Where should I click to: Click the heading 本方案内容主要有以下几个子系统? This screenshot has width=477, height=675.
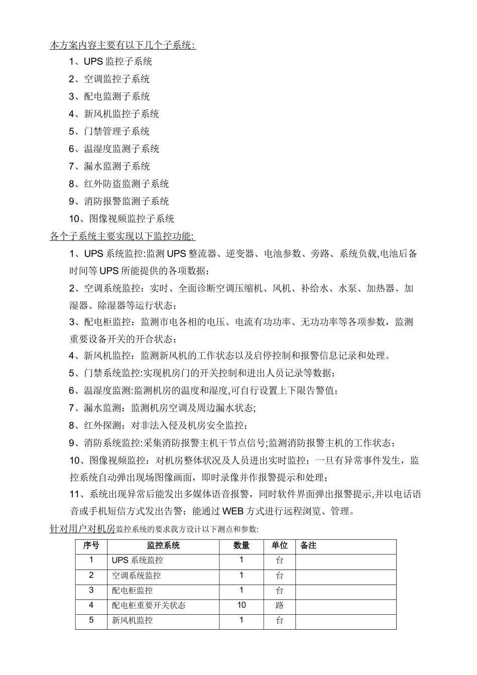click(123, 45)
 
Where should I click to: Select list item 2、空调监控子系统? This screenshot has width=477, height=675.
click(109, 79)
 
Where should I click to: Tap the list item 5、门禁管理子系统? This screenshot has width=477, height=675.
click(109, 132)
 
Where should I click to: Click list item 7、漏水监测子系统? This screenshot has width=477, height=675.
click(109, 166)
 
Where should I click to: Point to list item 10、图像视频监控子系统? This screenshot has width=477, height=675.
click(122, 218)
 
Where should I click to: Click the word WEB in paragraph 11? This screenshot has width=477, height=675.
click(232, 512)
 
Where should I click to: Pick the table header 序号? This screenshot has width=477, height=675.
click(91, 545)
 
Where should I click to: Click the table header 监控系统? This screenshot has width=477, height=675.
click(163, 545)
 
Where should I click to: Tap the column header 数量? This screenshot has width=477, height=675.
click(242, 545)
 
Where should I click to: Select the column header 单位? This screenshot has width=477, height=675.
click(280, 545)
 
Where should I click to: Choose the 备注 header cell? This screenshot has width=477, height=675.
click(308, 545)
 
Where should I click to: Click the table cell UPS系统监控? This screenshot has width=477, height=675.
click(137, 560)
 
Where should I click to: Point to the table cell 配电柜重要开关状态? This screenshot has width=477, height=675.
click(149, 605)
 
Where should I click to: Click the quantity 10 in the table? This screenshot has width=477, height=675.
click(242, 605)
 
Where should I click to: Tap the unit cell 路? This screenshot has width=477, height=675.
click(280, 605)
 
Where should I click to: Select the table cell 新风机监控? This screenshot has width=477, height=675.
click(132, 620)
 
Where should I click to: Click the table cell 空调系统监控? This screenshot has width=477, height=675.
click(136, 576)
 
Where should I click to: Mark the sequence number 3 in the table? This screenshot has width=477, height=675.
click(91, 590)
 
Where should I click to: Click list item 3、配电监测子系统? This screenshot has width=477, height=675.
click(109, 96)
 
